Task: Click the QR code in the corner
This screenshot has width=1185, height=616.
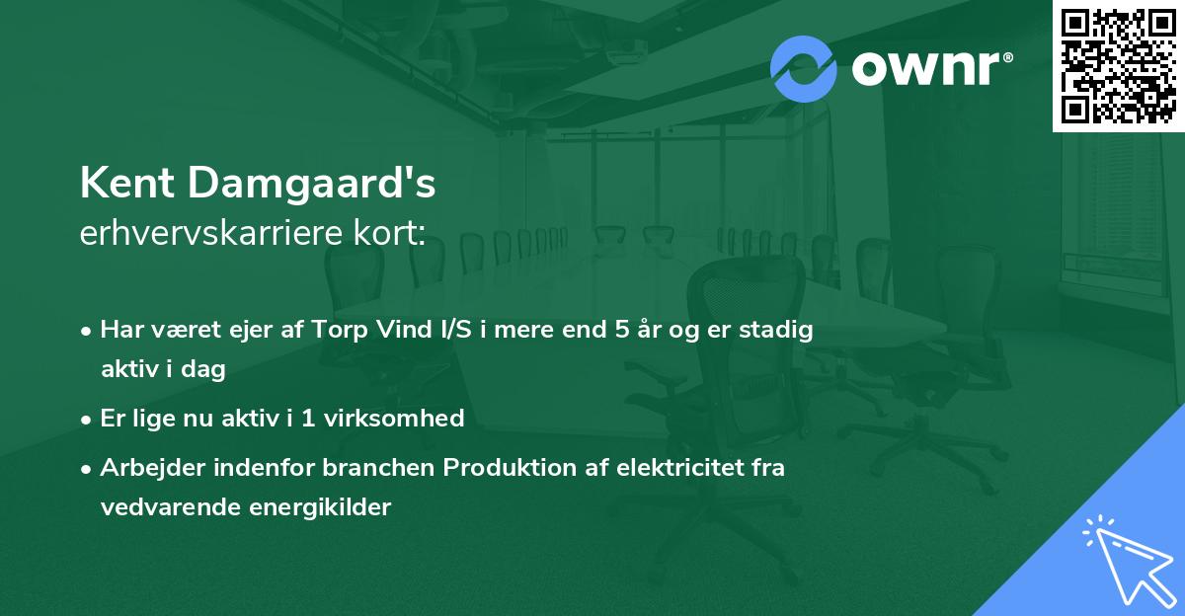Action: pyautogui.click(x=1118, y=65)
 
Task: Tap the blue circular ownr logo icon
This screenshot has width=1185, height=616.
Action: pyautogui.click(x=804, y=68)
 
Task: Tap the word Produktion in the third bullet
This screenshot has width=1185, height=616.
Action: pyautogui.click(x=503, y=468)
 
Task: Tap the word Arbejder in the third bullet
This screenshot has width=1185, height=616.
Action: pyautogui.click(x=144, y=468)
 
